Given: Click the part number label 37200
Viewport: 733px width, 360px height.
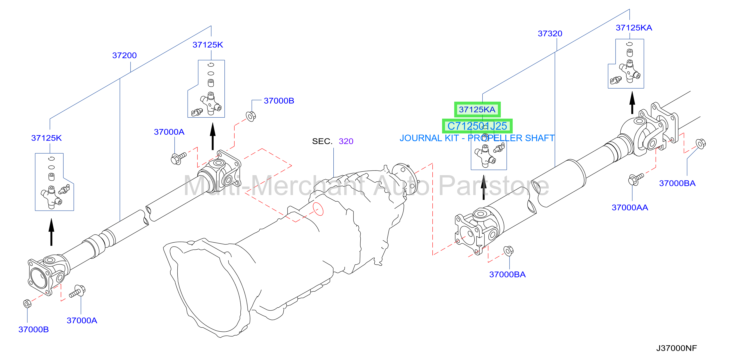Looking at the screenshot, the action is (x=124, y=55).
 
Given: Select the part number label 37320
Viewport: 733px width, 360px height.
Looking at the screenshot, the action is (x=550, y=33).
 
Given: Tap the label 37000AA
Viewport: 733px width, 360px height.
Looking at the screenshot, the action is (x=630, y=207).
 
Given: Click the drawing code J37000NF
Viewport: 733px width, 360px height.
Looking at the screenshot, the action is (x=676, y=348).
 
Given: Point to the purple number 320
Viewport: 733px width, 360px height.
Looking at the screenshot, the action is (x=346, y=141).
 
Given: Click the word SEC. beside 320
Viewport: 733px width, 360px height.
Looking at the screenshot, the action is (x=322, y=141).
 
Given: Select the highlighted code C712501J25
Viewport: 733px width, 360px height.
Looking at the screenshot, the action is (x=477, y=126).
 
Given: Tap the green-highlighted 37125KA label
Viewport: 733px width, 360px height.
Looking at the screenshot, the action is (x=477, y=110).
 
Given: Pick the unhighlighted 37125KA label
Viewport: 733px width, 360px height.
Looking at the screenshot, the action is (x=634, y=28).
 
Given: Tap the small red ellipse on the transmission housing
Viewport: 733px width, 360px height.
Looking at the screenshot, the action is (x=318, y=209).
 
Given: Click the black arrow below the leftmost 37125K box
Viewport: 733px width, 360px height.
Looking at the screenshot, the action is (x=51, y=232).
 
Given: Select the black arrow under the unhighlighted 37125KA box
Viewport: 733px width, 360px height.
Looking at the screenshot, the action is (x=632, y=102).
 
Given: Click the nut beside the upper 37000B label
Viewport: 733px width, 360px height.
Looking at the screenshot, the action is (x=251, y=116).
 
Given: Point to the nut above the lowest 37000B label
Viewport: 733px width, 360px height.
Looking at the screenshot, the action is (x=27, y=304).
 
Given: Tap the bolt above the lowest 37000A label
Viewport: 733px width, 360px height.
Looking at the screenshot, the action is (x=77, y=291).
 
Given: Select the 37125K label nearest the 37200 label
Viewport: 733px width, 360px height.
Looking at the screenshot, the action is (x=208, y=45).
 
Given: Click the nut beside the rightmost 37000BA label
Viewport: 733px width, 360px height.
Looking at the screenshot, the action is (x=700, y=143).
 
